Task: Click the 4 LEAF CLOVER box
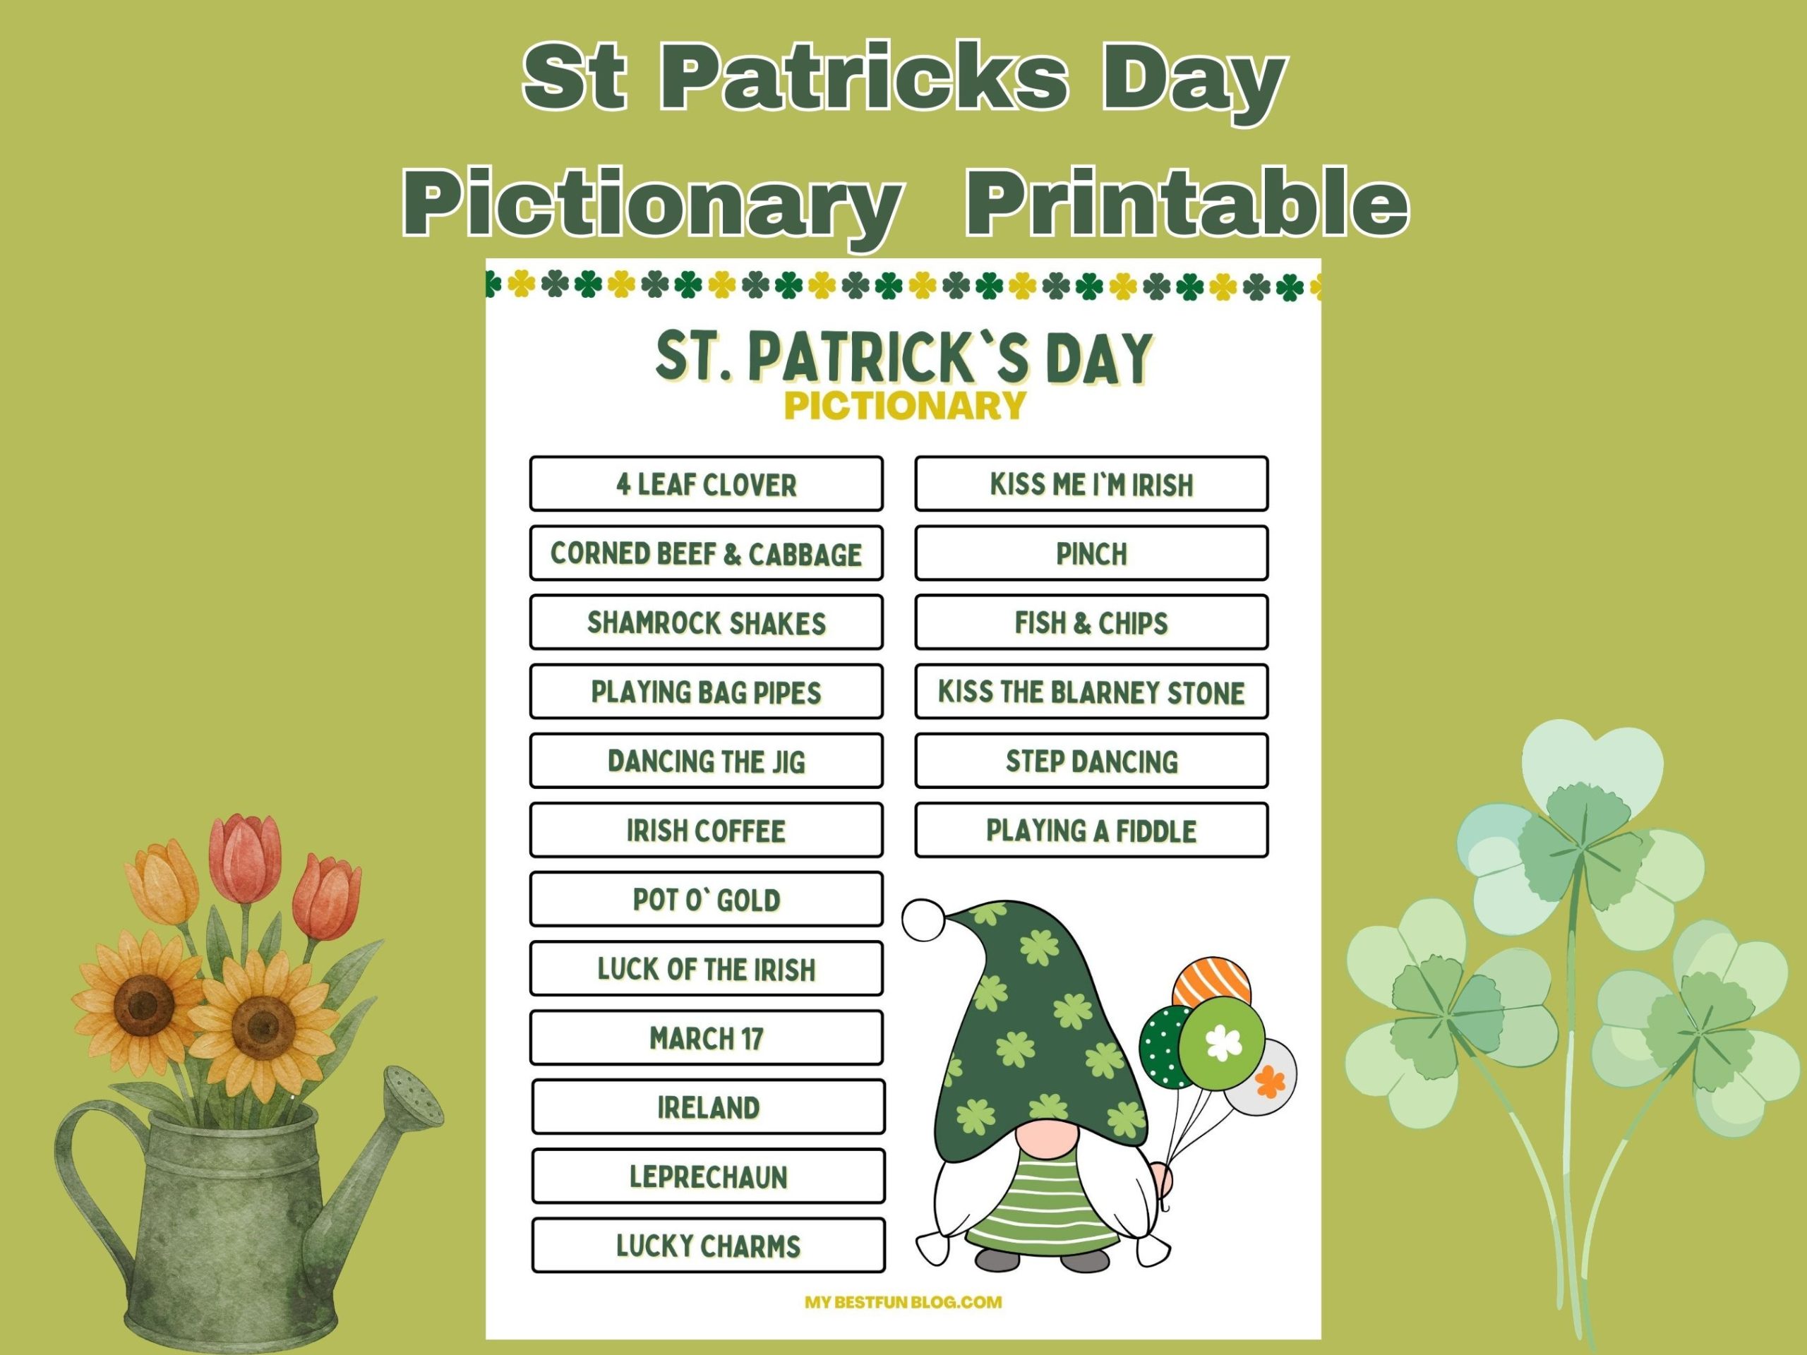coord(706,483)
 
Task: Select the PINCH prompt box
coord(1091,553)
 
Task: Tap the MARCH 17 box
coord(706,1037)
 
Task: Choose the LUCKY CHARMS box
coord(707,1245)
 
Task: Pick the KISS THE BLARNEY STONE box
coord(1091,691)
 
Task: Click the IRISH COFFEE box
coord(706,830)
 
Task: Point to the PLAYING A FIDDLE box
coord(1091,830)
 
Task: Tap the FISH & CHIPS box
coord(1091,622)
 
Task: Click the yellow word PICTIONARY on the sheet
coord(904,406)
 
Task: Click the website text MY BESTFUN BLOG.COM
coord(903,1302)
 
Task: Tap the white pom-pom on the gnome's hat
coord(923,920)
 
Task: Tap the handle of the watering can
coord(82,1160)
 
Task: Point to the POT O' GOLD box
coord(706,899)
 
